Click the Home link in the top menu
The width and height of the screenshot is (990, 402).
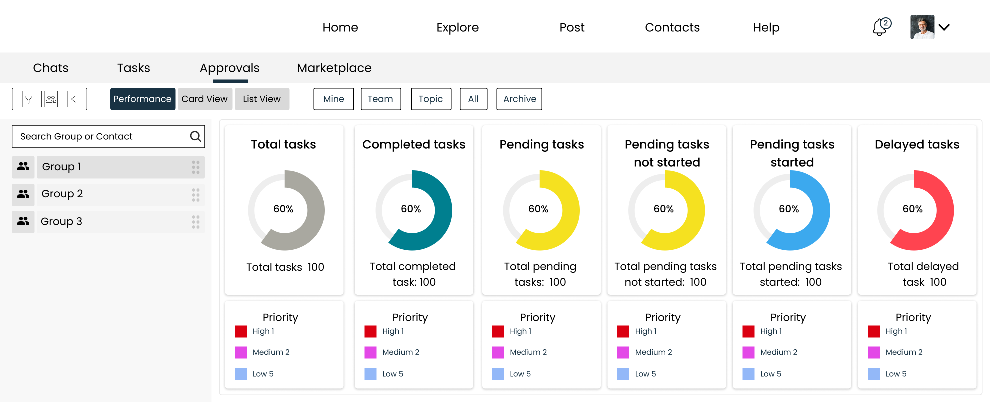click(x=340, y=27)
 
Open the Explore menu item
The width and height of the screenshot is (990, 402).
click(x=457, y=27)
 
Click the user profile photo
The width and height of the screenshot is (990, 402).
click(x=922, y=27)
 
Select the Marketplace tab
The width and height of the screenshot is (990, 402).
click(x=334, y=68)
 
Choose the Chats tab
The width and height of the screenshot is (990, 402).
click(x=51, y=68)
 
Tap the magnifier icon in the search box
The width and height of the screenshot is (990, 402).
click(x=195, y=136)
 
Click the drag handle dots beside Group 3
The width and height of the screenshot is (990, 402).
click(x=195, y=222)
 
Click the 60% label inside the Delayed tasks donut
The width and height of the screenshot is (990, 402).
click(x=912, y=209)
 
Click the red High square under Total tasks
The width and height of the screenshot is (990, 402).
click(x=240, y=331)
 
